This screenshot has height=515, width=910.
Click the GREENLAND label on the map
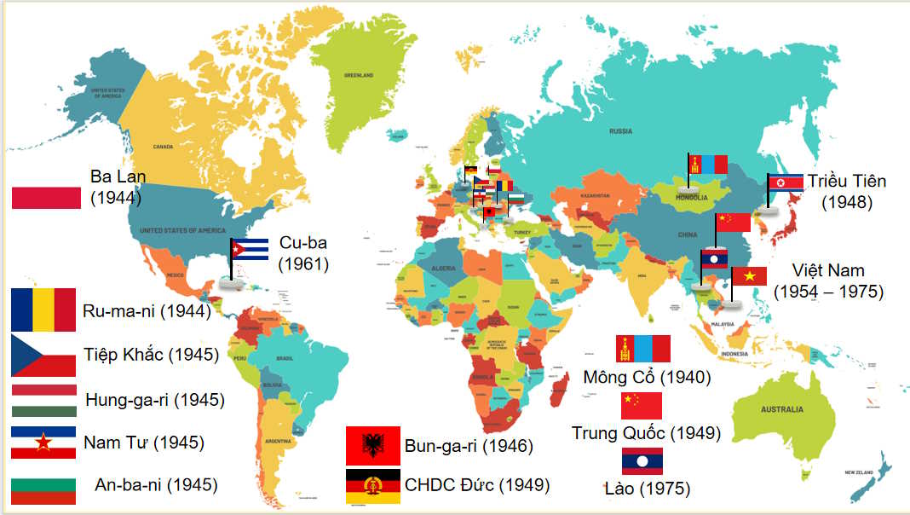tap(359, 75)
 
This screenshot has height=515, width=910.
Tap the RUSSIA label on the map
tap(620, 130)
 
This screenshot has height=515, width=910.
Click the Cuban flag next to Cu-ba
tap(251, 248)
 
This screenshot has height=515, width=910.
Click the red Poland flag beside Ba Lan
tap(46, 198)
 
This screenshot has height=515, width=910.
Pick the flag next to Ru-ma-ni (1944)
tap(43, 310)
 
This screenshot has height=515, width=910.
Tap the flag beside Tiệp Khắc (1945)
tap(43, 356)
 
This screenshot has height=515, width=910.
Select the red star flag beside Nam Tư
tap(43, 443)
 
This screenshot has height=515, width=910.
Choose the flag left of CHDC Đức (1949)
tap(372, 486)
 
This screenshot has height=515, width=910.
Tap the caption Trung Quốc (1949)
tap(646, 433)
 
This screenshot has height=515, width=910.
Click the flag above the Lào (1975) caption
tap(642, 461)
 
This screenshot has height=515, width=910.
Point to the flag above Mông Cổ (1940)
tap(643, 349)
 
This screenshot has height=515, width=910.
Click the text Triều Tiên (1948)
tap(847, 192)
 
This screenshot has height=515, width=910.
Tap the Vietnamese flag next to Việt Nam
tap(749, 276)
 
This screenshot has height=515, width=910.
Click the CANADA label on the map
tap(163, 147)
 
